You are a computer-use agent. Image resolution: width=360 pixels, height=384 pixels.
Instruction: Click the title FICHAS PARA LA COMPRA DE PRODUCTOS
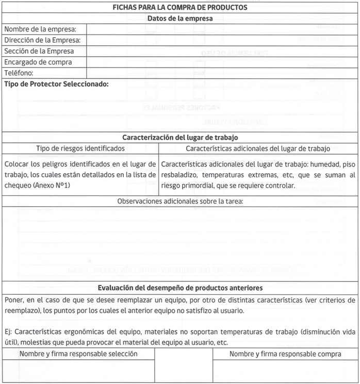click(x=179, y=8)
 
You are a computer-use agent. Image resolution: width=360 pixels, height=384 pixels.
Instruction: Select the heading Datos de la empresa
click(x=179, y=19)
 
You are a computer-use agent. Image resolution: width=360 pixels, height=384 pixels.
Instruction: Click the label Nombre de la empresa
click(x=40, y=29)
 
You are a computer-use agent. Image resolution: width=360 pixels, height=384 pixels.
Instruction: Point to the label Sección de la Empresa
click(x=39, y=51)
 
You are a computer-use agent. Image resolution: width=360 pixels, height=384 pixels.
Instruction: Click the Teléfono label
click(x=19, y=73)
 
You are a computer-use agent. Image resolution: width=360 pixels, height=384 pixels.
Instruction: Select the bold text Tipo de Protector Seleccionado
click(x=56, y=84)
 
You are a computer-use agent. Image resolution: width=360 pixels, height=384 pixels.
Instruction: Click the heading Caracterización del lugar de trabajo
click(x=179, y=138)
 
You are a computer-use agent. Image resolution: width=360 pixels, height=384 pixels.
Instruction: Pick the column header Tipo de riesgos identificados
click(x=80, y=148)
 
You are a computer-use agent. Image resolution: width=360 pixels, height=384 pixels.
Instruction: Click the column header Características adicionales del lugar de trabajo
click(x=258, y=148)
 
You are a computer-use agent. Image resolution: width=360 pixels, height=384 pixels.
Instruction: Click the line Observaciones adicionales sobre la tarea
click(x=179, y=201)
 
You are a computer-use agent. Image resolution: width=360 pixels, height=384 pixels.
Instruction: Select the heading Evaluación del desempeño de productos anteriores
click(x=179, y=288)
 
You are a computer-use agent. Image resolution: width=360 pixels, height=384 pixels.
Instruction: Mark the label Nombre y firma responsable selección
click(x=78, y=354)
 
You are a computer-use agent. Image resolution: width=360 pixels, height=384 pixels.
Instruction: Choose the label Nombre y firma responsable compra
click(x=285, y=354)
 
